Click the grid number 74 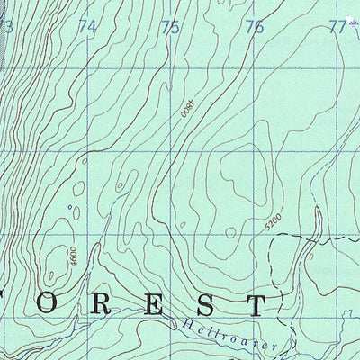tap(86, 27)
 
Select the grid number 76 tap(255, 27)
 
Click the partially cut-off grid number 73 tap(6, 27)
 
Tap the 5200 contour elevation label tap(275, 220)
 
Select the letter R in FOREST tap(128, 303)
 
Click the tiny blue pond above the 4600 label tap(70, 206)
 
